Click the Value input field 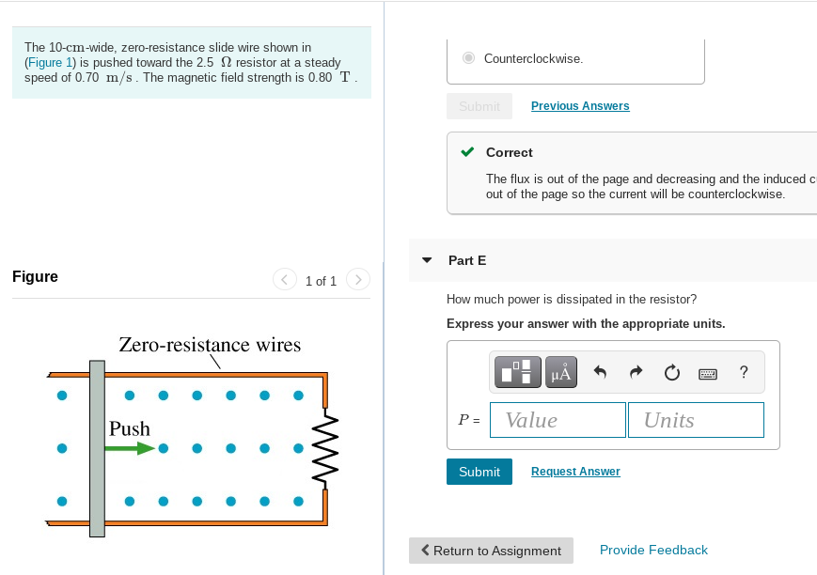(x=558, y=420)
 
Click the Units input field (x=696, y=420)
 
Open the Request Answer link (x=575, y=472)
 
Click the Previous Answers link (x=580, y=106)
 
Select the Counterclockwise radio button (x=468, y=58)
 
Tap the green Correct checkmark (x=467, y=151)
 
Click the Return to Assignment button (x=491, y=551)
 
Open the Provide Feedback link (x=653, y=550)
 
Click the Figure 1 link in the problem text (x=50, y=63)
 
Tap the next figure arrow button (x=358, y=280)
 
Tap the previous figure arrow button (x=285, y=280)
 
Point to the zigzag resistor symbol (x=325, y=448)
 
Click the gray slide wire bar (x=97, y=448)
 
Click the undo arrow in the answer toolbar (x=600, y=372)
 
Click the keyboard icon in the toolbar (x=708, y=373)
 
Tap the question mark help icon (x=744, y=372)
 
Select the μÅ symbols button (x=561, y=372)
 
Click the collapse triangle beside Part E (x=427, y=260)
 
